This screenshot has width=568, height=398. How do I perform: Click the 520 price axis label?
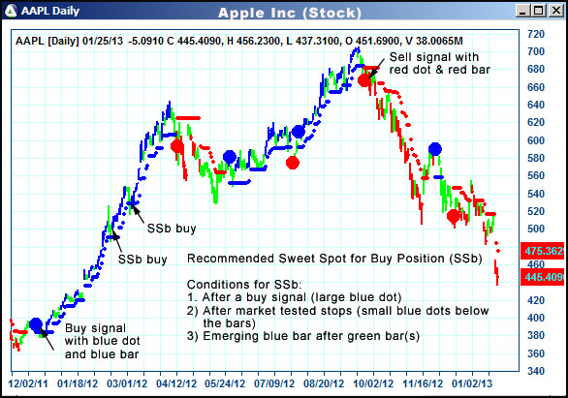coord(534,211)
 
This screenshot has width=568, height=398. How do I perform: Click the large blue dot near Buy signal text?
coord(35,324)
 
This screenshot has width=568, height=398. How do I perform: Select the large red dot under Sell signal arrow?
coord(365,80)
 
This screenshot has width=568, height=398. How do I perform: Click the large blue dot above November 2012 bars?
coord(436,149)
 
